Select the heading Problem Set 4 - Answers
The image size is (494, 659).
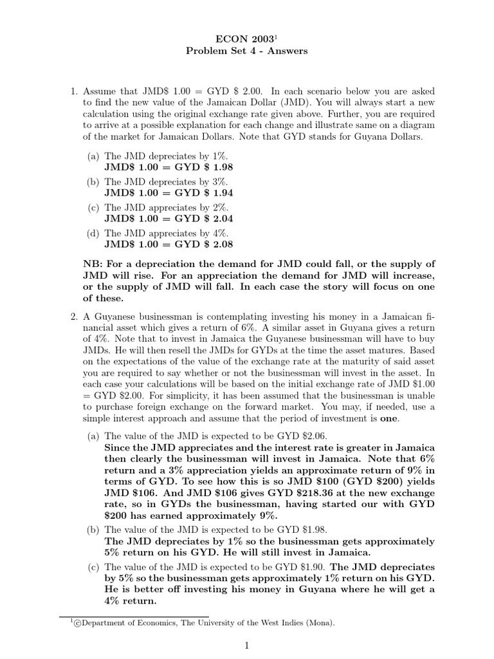(247, 51)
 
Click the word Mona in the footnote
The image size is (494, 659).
(319, 623)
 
